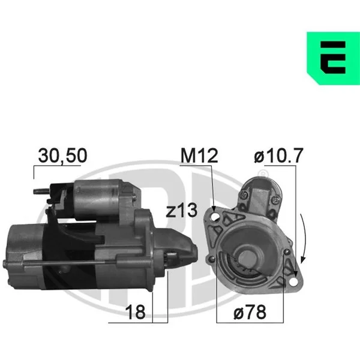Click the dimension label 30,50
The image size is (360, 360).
pos(62,155)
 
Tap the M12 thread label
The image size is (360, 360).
pos(199,155)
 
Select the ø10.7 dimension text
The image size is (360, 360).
pos(278,155)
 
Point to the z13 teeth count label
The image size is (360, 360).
pos(181,210)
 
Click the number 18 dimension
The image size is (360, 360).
pos(135,312)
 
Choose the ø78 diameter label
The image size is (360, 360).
pos(250,312)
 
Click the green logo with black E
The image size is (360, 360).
pos(333,58)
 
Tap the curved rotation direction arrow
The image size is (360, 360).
pos(304,238)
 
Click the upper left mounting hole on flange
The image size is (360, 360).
pos(215,217)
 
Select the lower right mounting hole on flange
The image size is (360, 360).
pos(293,282)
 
